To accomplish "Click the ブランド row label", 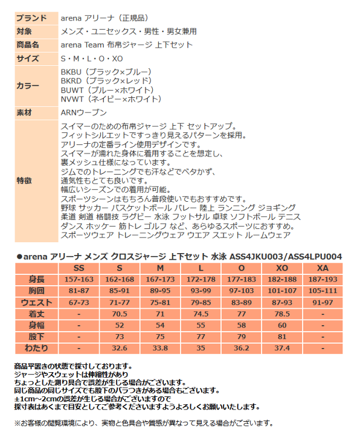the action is pos(29,18).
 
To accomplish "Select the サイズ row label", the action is pos(27,59).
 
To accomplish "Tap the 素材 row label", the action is pos(24,112).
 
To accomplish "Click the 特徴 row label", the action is pos(24,180).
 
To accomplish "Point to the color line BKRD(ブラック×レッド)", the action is pos(106,80).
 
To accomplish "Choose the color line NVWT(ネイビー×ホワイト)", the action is pos(111,98).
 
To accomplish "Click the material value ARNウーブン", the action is pos(84,112).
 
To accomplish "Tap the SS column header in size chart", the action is pos(79,268).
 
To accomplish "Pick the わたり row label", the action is pos(37,348).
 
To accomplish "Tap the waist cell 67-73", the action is pos(79,301).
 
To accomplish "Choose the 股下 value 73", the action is pos(120,337).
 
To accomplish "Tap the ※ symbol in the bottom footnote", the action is pos(16,423).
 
